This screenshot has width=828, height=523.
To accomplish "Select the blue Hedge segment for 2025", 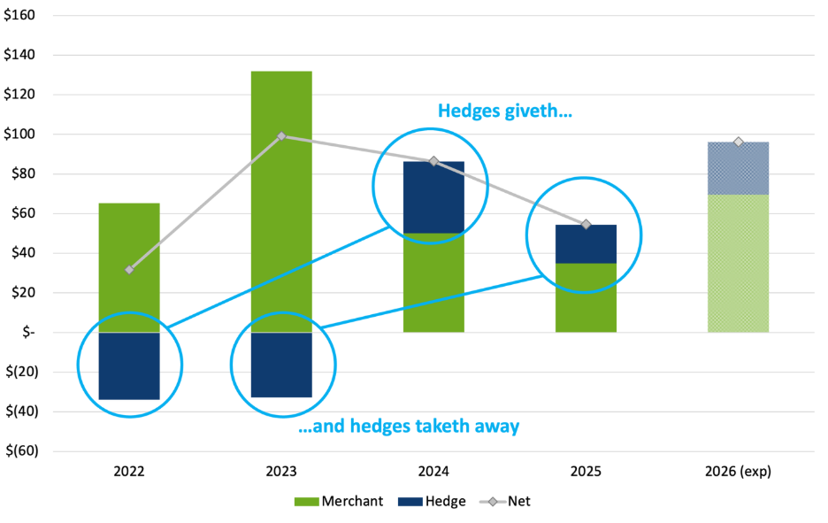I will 586,244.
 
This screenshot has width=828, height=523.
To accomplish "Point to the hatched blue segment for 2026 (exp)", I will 738,168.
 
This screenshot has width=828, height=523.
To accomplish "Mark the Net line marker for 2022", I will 129,269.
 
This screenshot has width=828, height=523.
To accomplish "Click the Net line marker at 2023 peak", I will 281,135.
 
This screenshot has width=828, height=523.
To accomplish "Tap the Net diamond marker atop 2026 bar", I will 738,142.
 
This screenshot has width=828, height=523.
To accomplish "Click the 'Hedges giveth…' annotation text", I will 505,112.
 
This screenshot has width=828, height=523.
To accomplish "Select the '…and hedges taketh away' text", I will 406,427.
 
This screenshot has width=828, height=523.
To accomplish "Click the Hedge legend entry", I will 433,502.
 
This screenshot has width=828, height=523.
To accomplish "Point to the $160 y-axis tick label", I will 21,15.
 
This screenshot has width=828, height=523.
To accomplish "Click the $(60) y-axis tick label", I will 21,451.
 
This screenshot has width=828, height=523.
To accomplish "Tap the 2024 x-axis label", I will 433,472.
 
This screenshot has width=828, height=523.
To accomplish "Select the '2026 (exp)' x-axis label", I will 738,472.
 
